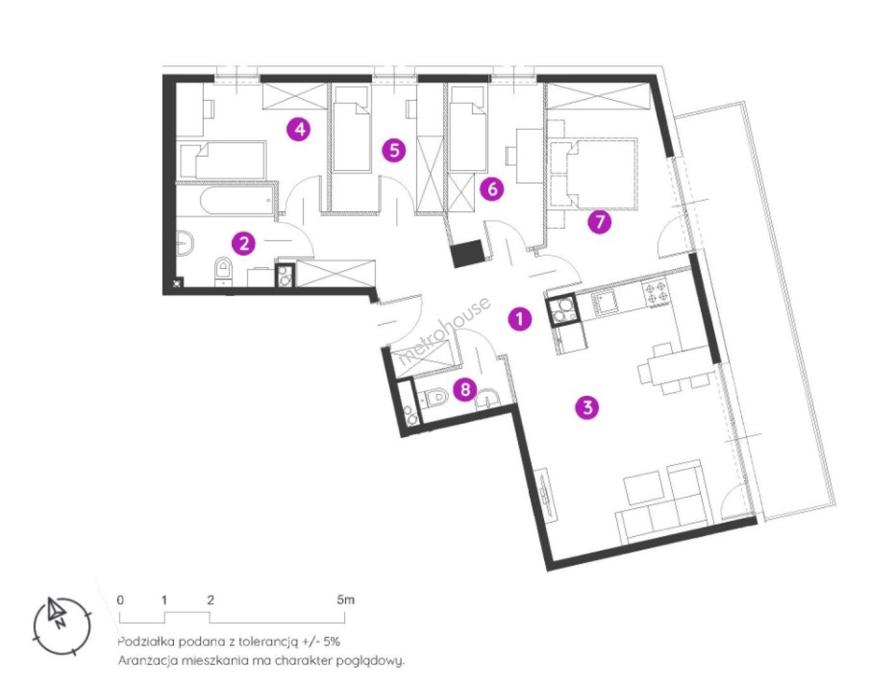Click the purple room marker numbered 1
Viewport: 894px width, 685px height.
[x=519, y=318]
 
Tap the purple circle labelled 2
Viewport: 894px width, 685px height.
[x=244, y=244]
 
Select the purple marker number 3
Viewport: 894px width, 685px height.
[x=587, y=407]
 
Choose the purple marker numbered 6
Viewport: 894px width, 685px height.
[x=491, y=189]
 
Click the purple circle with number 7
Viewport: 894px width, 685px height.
[x=599, y=222]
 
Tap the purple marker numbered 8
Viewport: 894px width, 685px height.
[x=465, y=388]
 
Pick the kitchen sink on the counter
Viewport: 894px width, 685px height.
[x=604, y=303]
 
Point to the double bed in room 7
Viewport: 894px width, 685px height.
[x=594, y=174]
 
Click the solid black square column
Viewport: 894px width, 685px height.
[x=467, y=253]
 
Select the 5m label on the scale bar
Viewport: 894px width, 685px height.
[x=345, y=600]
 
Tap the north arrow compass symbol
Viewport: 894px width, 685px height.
[x=62, y=626]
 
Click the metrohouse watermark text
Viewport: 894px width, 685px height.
[x=444, y=331]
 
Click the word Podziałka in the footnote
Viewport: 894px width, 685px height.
[x=142, y=642]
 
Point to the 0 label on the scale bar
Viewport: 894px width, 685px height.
[x=120, y=600]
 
